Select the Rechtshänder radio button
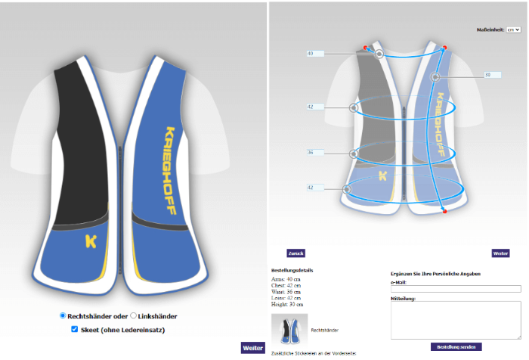[x=63, y=315]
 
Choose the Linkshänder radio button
[x=134, y=315]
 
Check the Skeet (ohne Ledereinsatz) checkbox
[x=74, y=329]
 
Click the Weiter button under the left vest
[x=252, y=348]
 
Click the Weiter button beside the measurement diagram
[x=500, y=253]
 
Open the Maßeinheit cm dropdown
[x=514, y=29]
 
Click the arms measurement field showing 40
[x=314, y=54]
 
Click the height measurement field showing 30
[x=492, y=75]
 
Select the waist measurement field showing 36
[x=314, y=153]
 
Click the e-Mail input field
[x=456, y=289]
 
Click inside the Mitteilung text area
[x=456, y=320]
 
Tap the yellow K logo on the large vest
[x=91, y=242]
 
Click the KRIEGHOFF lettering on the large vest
[x=169, y=169]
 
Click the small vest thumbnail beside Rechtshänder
[x=289, y=330]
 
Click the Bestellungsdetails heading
[x=292, y=270]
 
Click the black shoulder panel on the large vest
[x=81, y=144]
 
